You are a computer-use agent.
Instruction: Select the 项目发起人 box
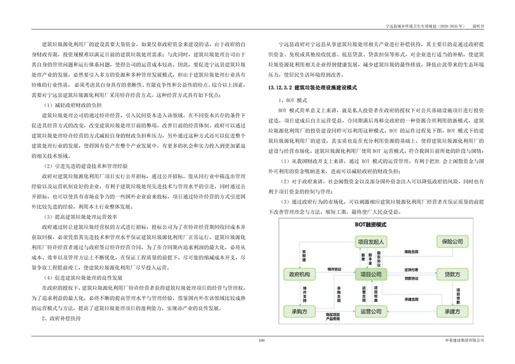coord(371,241)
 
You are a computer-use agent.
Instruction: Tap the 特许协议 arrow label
coord(333,269)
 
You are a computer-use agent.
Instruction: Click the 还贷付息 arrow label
coord(411,270)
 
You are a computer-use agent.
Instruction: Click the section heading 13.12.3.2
coord(307,87)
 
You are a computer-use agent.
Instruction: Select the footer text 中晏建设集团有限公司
coord(465,340)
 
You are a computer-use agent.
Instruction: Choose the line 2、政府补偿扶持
coord(61,318)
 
